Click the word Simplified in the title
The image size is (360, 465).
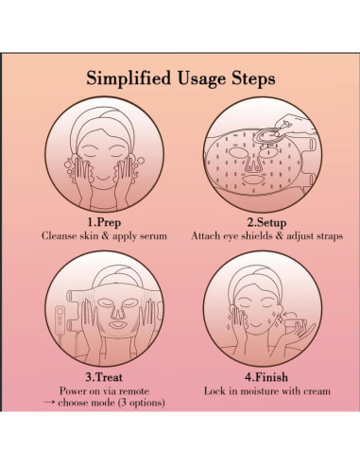pyautogui.click(x=129, y=78)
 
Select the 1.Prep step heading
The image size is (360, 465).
pyautogui.click(x=104, y=222)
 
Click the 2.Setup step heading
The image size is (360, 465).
pyautogui.click(x=266, y=222)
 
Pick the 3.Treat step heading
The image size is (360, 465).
pyautogui.click(x=104, y=377)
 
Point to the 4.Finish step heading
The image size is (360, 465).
pyautogui.click(x=266, y=377)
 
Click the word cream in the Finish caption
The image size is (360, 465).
pyautogui.click(x=317, y=391)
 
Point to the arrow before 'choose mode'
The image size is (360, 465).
pyautogui.click(x=49, y=403)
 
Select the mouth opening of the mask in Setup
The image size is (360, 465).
pyautogui.click(x=254, y=181)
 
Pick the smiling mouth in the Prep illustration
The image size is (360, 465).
pyautogui.click(x=103, y=179)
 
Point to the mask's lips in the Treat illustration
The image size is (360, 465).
pyautogui.click(x=116, y=324)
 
